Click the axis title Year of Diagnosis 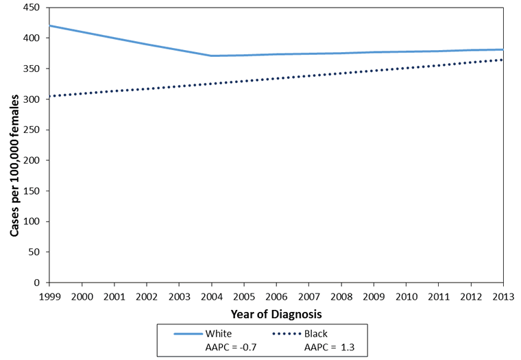(276, 313)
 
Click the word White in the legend (219, 333)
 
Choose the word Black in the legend (317, 333)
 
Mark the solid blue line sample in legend (186, 333)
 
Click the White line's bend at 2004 (212, 56)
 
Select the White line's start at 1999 (49, 25)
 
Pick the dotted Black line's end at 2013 (503, 60)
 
